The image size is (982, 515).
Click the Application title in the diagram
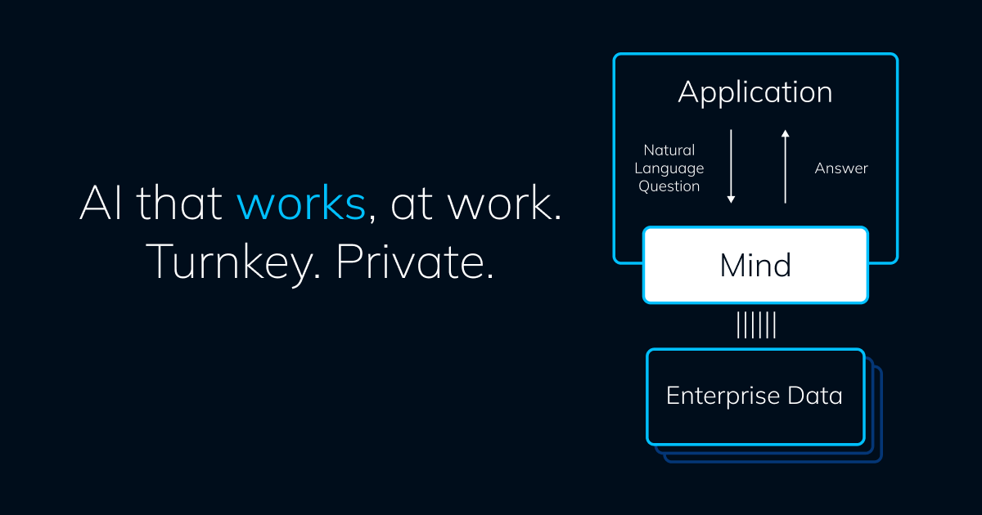click(755, 92)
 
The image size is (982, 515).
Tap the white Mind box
click(755, 265)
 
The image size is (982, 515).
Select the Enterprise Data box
click(755, 396)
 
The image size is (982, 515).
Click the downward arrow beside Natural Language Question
click(732, 166)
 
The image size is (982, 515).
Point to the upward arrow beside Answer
click(785, 166)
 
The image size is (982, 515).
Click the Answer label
click(841, 168)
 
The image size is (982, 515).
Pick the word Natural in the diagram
click(669, 150)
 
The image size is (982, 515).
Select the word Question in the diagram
click(669, 186)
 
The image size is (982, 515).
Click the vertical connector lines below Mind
click(755, 325)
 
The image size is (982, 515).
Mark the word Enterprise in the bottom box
click(710, 396)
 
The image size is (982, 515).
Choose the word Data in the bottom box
click(814, 396)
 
